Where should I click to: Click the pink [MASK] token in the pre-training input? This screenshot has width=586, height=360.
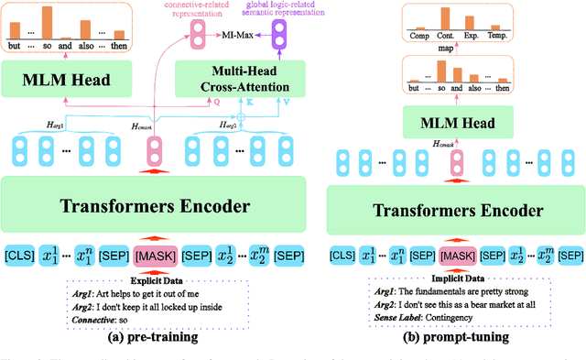(x=155, y=252)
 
